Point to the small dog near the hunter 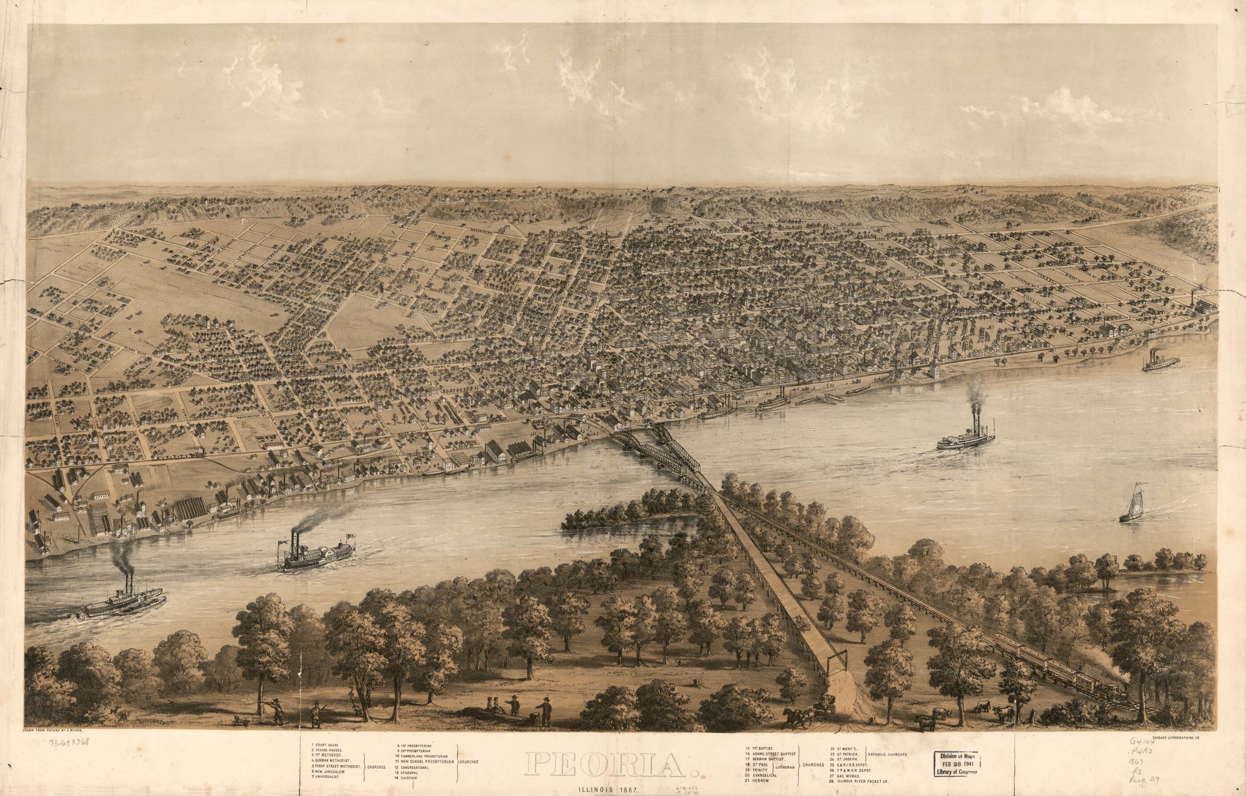click(238, 719)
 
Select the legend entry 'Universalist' click(329, 778)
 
